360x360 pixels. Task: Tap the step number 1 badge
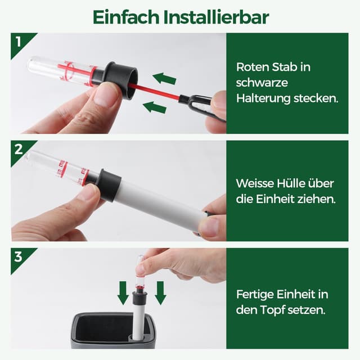point(19,41)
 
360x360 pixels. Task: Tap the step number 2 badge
point(19,150)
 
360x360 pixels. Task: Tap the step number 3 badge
point(19,257)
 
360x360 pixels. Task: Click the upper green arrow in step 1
point(164,78)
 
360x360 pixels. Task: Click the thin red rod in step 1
point(155,92)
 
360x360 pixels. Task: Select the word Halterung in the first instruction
point(264,98)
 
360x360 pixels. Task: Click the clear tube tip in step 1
point(35,64)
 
